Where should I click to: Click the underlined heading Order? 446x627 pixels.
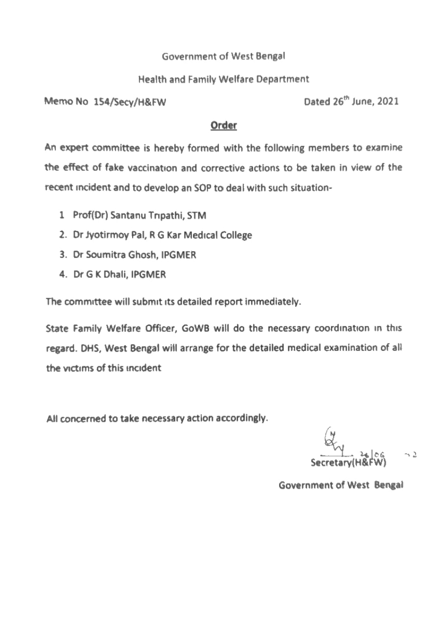[223, 126]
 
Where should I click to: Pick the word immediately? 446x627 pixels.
[275, 302]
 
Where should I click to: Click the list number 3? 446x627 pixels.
[62, 255]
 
